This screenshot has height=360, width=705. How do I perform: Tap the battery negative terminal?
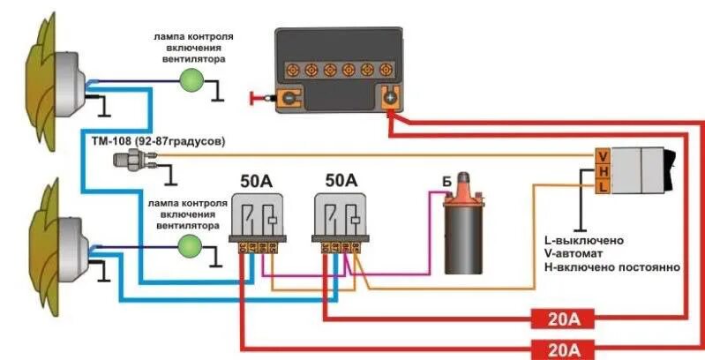tap(290, 97)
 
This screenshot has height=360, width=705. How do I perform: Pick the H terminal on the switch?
tap(602, 172)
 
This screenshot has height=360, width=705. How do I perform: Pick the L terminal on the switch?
tap(602, 186)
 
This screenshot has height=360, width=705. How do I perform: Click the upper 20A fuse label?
tap(561, 318)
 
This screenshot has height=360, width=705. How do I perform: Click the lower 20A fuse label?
tap(561, 348)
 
